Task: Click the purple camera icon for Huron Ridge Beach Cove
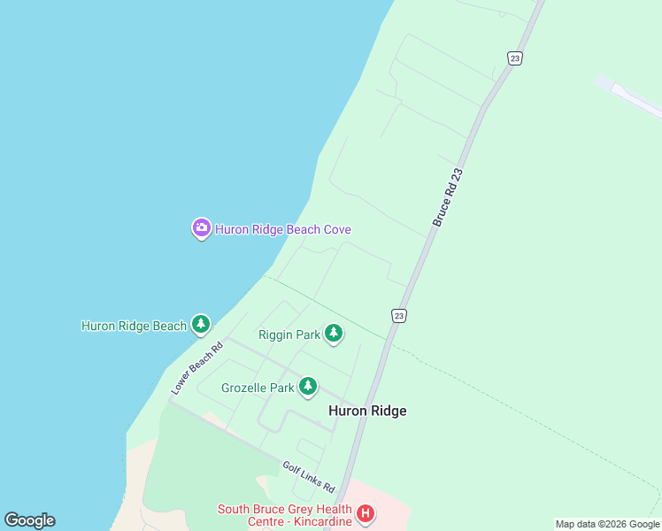coord(201,228)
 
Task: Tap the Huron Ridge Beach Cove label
coord(283,229)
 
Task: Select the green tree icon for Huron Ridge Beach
coord(201,325)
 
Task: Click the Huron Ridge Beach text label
coord(134,326)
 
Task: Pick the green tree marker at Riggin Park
coord(334,334)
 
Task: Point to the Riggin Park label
coord(288,335)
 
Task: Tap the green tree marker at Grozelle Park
coord(308,387)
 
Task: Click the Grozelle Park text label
coord(258,388)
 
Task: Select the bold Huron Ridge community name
coord(367,411)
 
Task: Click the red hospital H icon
coord(366,514)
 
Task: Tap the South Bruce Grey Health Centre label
coord(283,509)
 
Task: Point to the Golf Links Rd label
coord(309,477)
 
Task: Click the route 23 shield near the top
coord(515,58)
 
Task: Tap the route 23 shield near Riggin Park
coord(399,316)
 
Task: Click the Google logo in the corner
coord(29,520)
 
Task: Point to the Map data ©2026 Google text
coord(607,524)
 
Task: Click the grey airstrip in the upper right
coord(631,96)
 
